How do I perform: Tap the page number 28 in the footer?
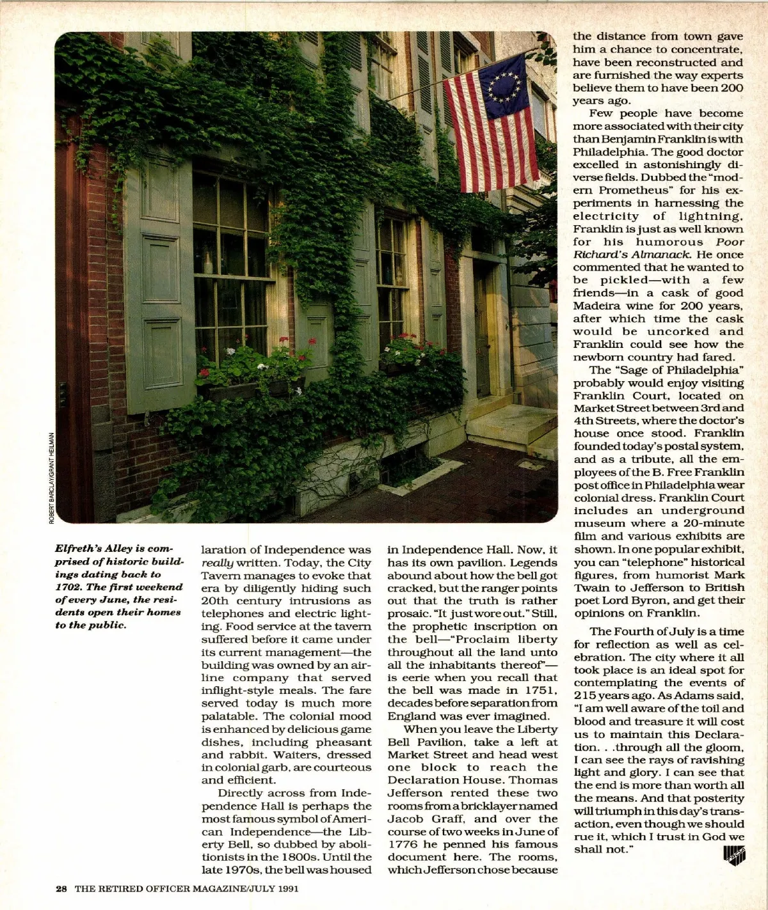(61, 888)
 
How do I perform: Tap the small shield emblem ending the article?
(735, 854)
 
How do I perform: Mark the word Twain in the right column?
(591, 587)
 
